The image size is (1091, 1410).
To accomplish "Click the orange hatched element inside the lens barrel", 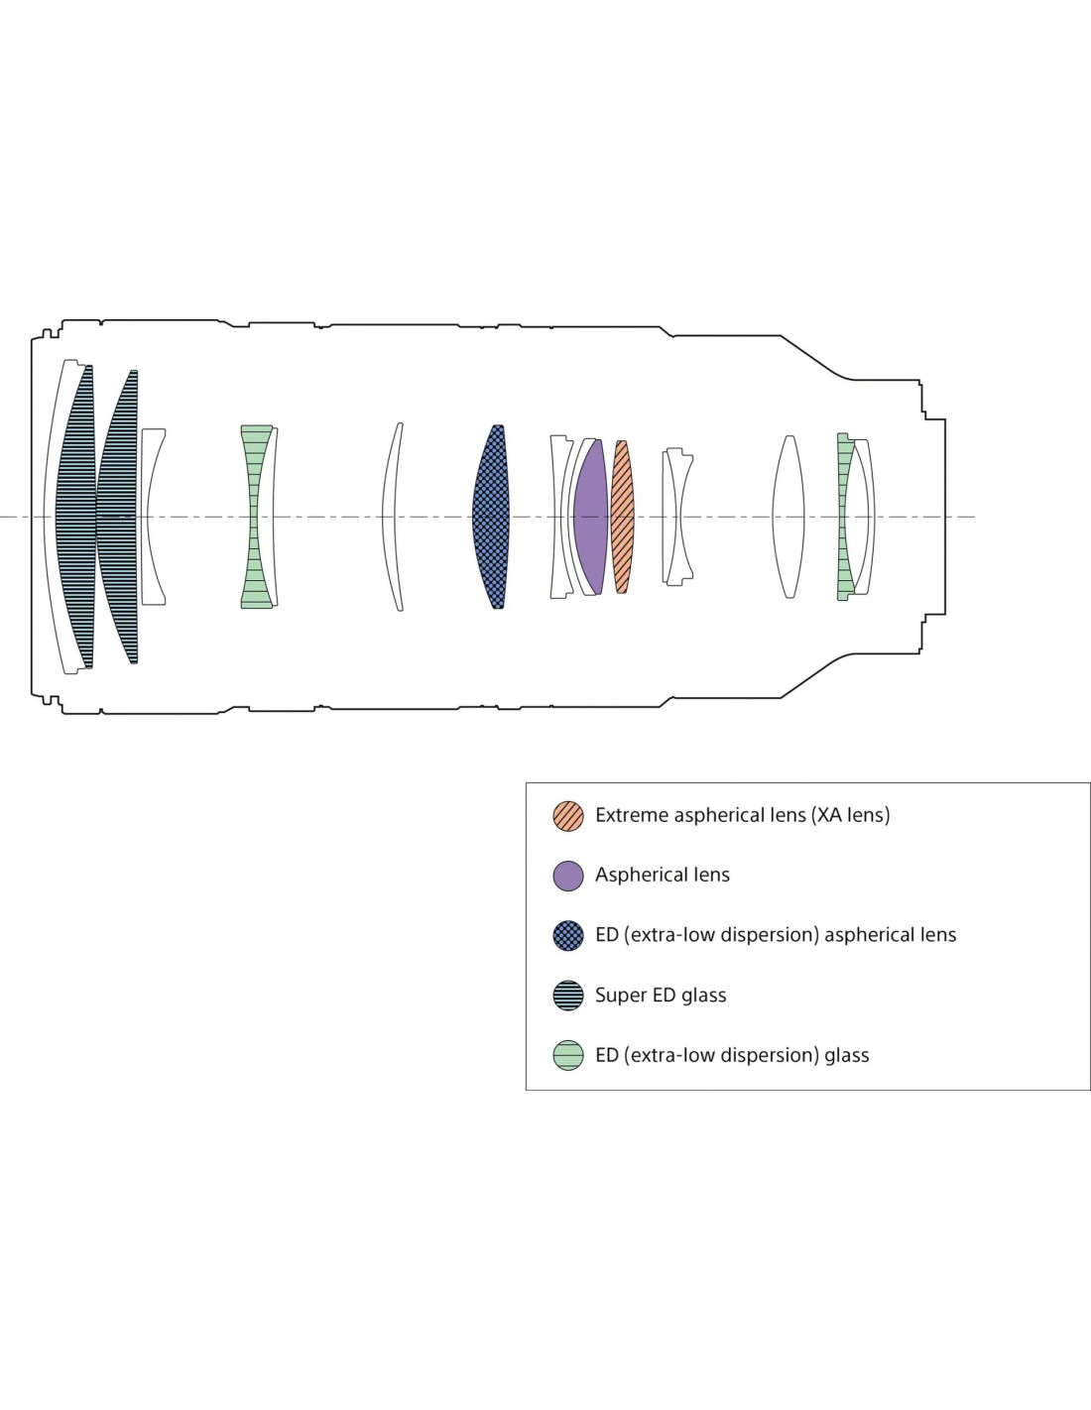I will point(622,517).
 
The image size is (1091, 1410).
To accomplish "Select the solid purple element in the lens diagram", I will point(591,517).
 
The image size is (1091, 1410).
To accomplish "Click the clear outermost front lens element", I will point(52,517).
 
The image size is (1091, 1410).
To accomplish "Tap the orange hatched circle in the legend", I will point(568,816).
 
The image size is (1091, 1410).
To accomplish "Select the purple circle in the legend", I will point(568,876).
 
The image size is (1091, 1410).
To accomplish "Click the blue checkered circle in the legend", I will point(568,935).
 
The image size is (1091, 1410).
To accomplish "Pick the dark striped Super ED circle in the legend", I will point(568,996).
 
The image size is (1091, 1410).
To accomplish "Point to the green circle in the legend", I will point(568,1055).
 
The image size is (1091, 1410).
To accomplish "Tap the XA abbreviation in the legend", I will point(828,815).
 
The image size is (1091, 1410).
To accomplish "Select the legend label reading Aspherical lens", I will point(663,875).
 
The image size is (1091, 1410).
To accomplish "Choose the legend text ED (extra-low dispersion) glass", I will point(732,1055).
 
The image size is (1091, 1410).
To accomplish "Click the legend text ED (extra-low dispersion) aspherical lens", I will point(776,935).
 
